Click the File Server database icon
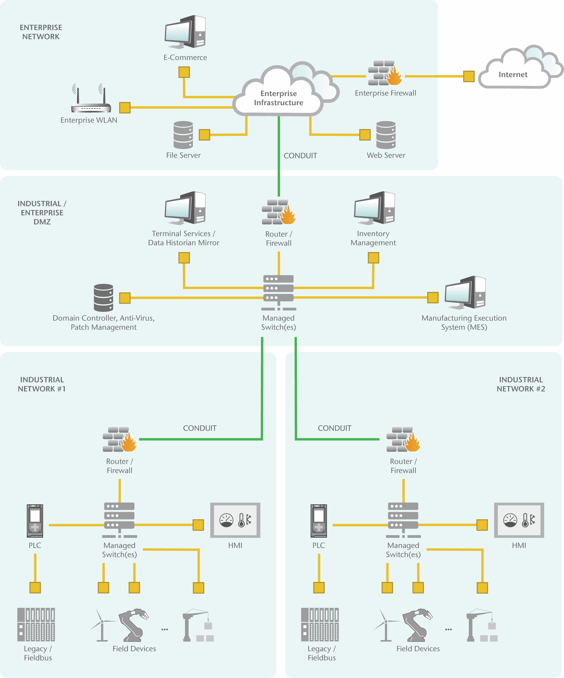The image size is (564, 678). point(183,135)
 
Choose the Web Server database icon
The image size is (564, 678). point(386,135)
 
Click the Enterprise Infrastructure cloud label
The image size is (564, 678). point(279,98)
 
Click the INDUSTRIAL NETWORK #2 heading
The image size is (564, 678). point(521,384)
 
